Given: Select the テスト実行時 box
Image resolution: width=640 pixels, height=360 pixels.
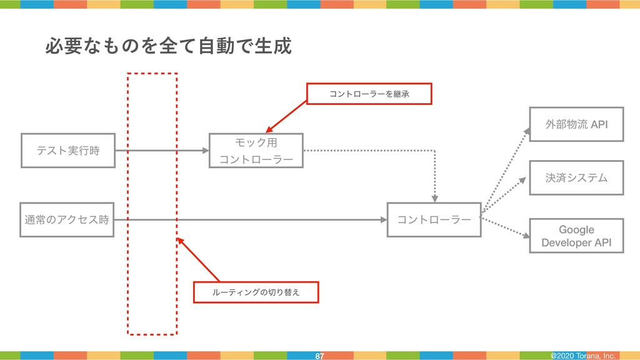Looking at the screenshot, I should (68, 150).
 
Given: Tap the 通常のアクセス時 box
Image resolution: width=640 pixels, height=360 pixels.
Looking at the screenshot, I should (67, 219).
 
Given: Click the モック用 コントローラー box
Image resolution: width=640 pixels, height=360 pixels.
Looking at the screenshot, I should (256, 151).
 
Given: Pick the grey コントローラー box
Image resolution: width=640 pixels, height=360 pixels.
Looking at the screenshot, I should (434, 219).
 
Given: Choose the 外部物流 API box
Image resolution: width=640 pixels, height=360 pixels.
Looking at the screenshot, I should (576, 124).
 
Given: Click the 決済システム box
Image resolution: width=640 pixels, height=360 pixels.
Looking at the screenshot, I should (576, 178).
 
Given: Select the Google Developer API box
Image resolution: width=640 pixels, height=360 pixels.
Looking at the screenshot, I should (576, 236).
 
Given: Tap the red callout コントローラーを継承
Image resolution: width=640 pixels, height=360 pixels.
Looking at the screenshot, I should (369, 93).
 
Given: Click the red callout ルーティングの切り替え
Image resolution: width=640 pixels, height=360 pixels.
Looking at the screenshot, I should (256, 292).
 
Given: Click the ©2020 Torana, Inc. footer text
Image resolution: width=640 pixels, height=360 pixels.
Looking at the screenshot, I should (583, 356).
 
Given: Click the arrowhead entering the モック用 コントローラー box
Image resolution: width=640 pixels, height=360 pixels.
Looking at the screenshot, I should (205, 151).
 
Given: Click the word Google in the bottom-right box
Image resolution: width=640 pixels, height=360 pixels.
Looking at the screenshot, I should (576, 229).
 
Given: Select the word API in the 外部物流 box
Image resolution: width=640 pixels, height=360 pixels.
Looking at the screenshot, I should (598, 124).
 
